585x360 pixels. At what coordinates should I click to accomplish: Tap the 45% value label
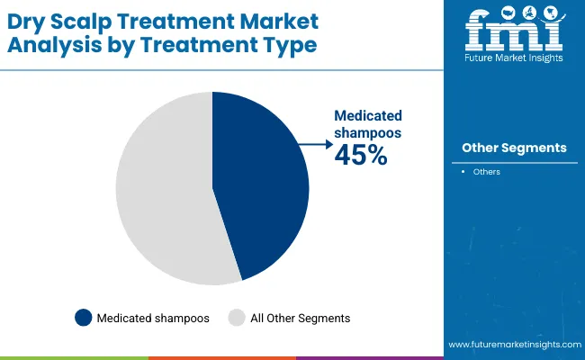(360, 156)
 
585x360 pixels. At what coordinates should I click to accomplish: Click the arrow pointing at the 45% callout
(314, 142)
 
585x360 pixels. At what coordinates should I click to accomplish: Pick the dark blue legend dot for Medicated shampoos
(84, 317)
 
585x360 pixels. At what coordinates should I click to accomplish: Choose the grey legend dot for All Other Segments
(238, 317)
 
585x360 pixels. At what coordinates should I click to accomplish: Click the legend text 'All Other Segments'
(300, 318)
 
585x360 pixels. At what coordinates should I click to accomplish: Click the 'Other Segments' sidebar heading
(514, 148)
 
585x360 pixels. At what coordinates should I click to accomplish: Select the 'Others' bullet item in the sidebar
(487, 172)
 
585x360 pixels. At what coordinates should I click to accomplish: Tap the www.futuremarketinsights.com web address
(513, 345)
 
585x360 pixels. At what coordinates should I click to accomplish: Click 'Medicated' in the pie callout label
(368, 116)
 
